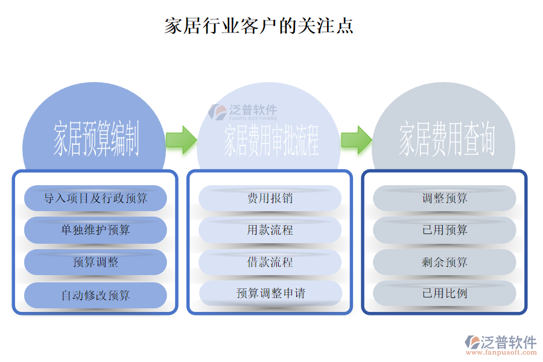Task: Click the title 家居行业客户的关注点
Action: click(x=259, y=26)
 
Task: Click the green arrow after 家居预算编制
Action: click(x=181, y=140)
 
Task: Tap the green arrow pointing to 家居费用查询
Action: click(x=356, y=140)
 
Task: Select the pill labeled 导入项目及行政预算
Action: click(x=95, y=198)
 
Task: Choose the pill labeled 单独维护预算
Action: click(x=95, y=230)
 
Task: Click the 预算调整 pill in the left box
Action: click(x=95, y=262)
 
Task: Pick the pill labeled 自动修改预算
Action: click(x=95, y=295)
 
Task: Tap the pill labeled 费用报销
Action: click(x=270, y=198)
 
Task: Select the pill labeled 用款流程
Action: click(x=270, y=230)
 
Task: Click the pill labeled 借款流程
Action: click(x=270, y=262)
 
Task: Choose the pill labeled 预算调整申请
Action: click(x=270, y=293)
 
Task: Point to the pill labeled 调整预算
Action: click(x=445, y=198)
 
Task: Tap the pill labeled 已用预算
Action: click(x=445, y=230)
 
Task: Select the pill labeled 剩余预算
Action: click(x=445, y=262)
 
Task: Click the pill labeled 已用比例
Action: click(x=445, y=293)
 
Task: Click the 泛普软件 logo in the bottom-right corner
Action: click(x=500, y=345)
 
